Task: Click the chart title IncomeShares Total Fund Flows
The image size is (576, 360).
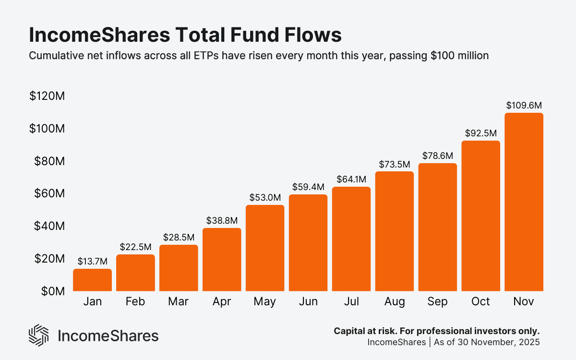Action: [x=185, y=36]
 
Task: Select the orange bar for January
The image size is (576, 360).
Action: [x=92, y=280]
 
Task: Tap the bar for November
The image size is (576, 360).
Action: [x=524, y=202]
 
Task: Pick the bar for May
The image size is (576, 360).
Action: [x=265, y=248]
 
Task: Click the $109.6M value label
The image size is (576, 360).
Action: [x=524, y=105]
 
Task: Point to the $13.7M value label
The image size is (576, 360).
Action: [x=92, y=261]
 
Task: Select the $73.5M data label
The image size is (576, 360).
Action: [x=394, y=164]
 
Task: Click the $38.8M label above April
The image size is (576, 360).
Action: [x=222, y=220]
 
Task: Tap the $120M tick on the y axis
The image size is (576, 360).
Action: [x=47, y=96]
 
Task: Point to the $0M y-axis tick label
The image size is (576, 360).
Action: [x=51, y=291]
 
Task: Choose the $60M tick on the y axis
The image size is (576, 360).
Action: [x=49, y=193]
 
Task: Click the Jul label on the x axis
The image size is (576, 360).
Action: [x=351, y=301]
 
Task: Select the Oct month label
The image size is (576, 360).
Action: [x=480, y=301]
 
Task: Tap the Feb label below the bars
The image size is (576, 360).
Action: [x=135, y=301]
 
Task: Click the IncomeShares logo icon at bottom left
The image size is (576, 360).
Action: [x=39, y=335]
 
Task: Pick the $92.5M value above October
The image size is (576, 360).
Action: [x=480, y=133]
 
